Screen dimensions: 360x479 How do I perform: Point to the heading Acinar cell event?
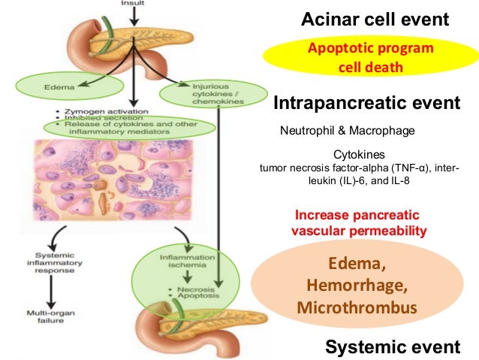click(375, 20)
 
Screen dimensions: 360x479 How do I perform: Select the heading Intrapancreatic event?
click(366, 102)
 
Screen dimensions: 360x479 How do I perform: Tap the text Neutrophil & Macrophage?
click(347, 131)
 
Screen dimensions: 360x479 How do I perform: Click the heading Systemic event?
click(391, 346)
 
